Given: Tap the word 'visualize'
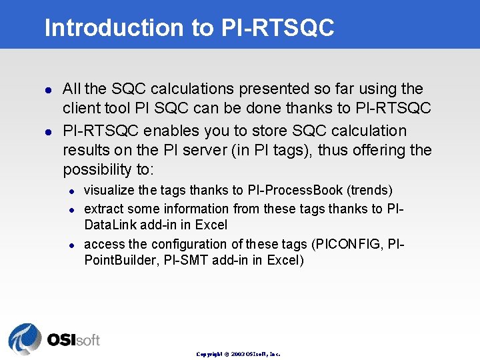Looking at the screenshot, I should [109, 191].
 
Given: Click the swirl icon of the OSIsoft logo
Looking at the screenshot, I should [25, 338].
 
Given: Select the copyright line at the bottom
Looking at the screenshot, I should [238, 354].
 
